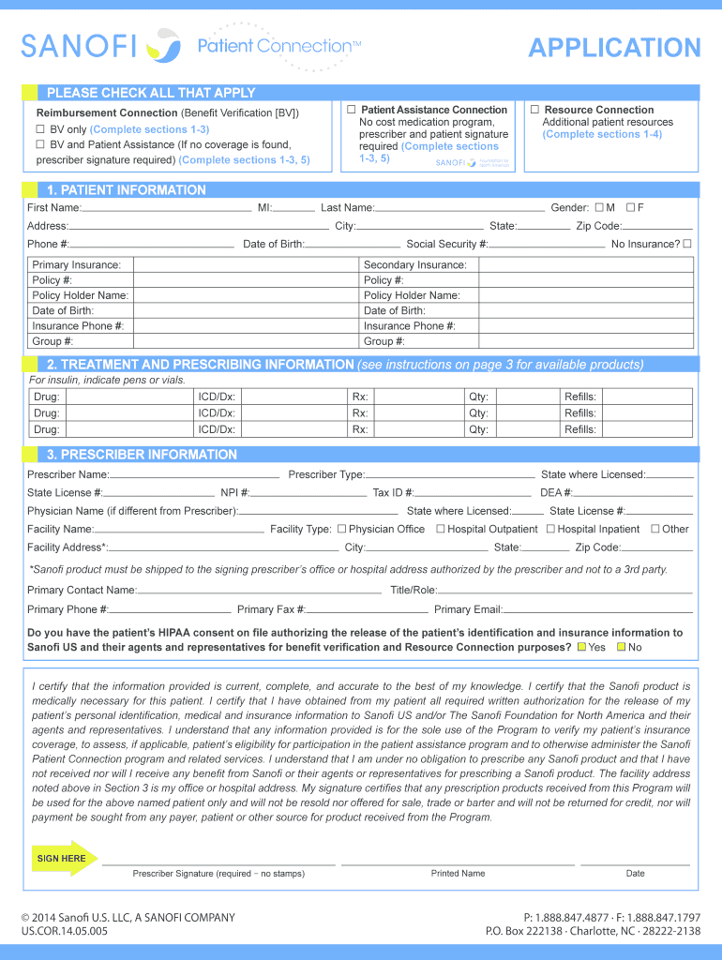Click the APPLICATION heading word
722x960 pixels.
[x=614, y=48]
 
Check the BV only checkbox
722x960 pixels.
[x=40, y=129]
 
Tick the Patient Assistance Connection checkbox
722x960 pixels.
[x=351, y=110]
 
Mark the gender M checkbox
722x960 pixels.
[x=598, y=207]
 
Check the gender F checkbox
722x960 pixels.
[x=630, y=207]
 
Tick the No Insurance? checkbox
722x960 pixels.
[x=687, y=244]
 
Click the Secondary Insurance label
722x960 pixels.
[x=414, y=265]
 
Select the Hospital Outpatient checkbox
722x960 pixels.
[x=441, y=529]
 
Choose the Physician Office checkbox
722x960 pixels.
[x=341, y=529]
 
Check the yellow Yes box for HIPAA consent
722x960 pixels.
[x=581, y=648]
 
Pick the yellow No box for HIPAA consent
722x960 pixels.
[x=621, y=648]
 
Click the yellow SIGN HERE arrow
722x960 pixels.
[x=63, y=858]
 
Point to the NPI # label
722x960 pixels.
[x=234, y=492]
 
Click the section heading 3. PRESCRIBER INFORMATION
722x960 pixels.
[x=142, y=455]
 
